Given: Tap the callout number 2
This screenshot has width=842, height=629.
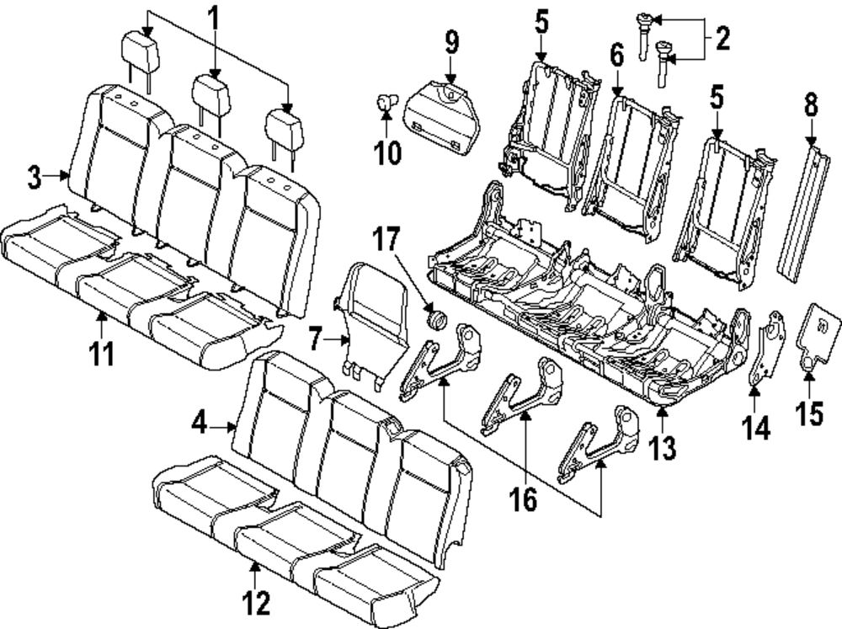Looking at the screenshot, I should (721, 37).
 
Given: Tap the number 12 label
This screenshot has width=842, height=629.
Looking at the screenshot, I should (256, 603).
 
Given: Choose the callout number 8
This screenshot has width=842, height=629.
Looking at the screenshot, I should (810, 107).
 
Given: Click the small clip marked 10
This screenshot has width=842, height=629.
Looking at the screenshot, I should (387, 104).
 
